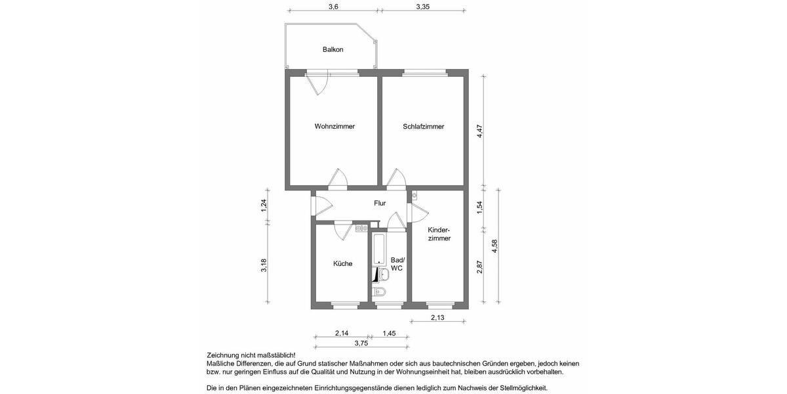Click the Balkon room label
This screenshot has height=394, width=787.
[333, 50]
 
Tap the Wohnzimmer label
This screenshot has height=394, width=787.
[334, 127]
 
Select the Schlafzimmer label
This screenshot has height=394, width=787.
[423, 127]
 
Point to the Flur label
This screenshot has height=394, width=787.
[380, 204]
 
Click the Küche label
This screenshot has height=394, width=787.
[342, 264]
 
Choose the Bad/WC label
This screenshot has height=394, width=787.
[397, 264]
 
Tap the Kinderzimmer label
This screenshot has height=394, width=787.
[439, 234]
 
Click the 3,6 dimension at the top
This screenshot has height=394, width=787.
[333, 7]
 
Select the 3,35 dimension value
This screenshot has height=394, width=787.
[423, 7]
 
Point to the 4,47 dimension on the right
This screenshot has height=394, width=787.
[479, 131]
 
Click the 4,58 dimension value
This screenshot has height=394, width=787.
[495, 246]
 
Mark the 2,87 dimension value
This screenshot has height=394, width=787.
[479, 267]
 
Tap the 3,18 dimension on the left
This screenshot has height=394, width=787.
[264, 265]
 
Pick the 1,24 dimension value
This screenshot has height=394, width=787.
[264, 205]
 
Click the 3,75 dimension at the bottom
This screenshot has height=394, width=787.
[361, 343]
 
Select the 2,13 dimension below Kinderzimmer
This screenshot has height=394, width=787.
[437, 318]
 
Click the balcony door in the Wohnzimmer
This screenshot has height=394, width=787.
[319, 84]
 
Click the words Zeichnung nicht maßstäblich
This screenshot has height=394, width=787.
[251, 355]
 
